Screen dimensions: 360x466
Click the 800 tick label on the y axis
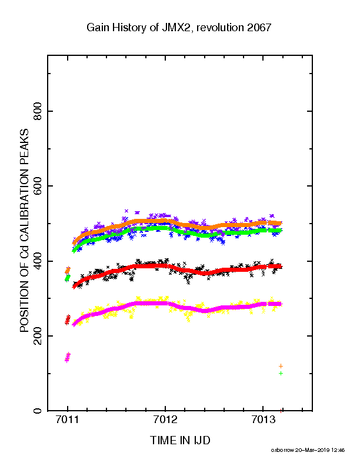38,111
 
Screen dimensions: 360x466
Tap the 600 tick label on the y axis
38,186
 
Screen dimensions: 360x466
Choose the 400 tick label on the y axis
38,261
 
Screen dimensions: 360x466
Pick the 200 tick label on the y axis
38,336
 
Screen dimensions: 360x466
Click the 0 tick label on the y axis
38,411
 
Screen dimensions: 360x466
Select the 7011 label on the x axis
68,420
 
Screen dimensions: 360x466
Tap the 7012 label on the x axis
165,420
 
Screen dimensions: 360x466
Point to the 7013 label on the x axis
262,420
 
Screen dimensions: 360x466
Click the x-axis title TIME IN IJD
180,440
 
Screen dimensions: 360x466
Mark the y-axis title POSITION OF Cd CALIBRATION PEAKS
24,230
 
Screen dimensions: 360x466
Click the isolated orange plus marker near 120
281,366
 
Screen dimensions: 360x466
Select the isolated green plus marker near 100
281,373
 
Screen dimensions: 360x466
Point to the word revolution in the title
220,28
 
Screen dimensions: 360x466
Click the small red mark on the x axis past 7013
281,411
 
